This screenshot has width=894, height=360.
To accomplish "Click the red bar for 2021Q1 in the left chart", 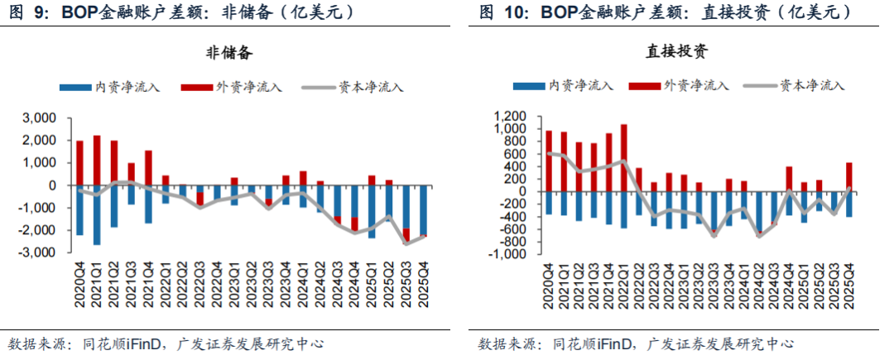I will click(x=97, y=160).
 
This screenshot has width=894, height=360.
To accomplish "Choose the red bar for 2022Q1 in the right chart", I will click(x=623, y=157).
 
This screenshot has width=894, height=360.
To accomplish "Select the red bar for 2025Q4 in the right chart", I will click(x=848, y=176).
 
